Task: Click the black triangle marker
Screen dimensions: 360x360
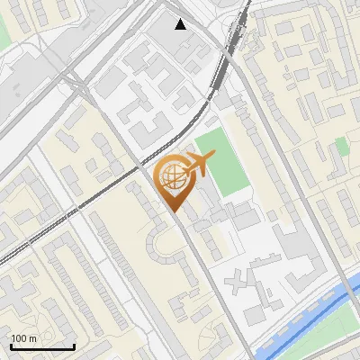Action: click(x=181, y=24)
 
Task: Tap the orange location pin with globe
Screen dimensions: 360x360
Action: click(x=173, y=180)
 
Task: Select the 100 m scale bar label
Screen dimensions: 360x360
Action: click(x=23, y=338)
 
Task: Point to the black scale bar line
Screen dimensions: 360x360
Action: click(x=42, y=347)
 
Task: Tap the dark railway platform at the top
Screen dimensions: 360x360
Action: click(x=237, y=36)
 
